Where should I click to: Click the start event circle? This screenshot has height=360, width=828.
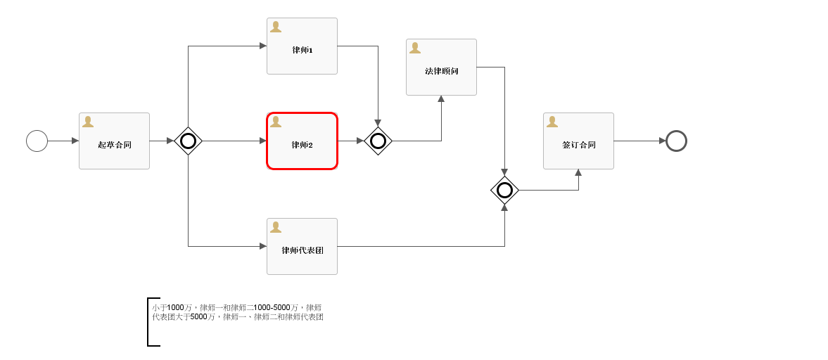click(37, 141)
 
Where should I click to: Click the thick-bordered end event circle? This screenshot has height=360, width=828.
click(676, 141)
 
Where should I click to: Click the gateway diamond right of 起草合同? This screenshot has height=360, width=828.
click(188, 141)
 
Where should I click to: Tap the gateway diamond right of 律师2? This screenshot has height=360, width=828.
click(378, 141)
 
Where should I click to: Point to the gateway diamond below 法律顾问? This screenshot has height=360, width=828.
click(504, 190)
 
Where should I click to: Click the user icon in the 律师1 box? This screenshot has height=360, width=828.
click(276, 27)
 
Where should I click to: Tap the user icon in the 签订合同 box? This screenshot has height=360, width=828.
click(552, 122)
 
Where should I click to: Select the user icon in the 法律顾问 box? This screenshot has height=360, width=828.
click(415, 48)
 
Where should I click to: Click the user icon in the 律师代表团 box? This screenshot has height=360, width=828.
click(276, 227)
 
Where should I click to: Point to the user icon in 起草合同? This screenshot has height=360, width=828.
click(88, 122)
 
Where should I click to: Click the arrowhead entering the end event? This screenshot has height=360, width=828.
click(662, 141)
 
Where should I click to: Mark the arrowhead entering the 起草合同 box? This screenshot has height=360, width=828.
click(75, 141)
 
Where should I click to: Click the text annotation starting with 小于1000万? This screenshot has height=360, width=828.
click(238, 312)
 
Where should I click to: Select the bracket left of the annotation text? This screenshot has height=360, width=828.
click(150, 322)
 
